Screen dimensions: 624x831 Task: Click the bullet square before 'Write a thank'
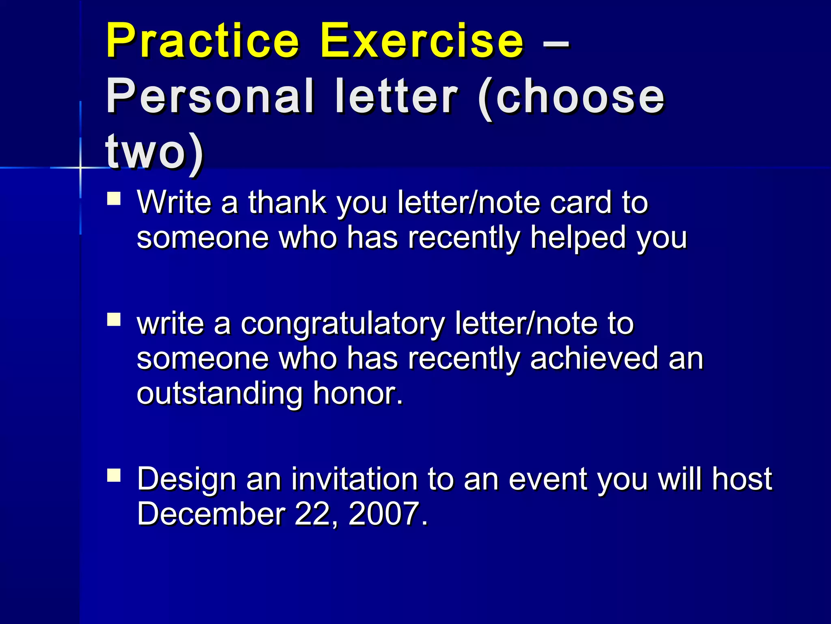click(114, 199)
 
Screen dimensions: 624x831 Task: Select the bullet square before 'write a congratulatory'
click(114, 319)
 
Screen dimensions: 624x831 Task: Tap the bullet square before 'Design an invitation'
click(114, 475)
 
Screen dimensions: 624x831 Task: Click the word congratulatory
click(343, 325)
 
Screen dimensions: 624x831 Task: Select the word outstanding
click(220, 394)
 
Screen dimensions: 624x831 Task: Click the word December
click(211, 514)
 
